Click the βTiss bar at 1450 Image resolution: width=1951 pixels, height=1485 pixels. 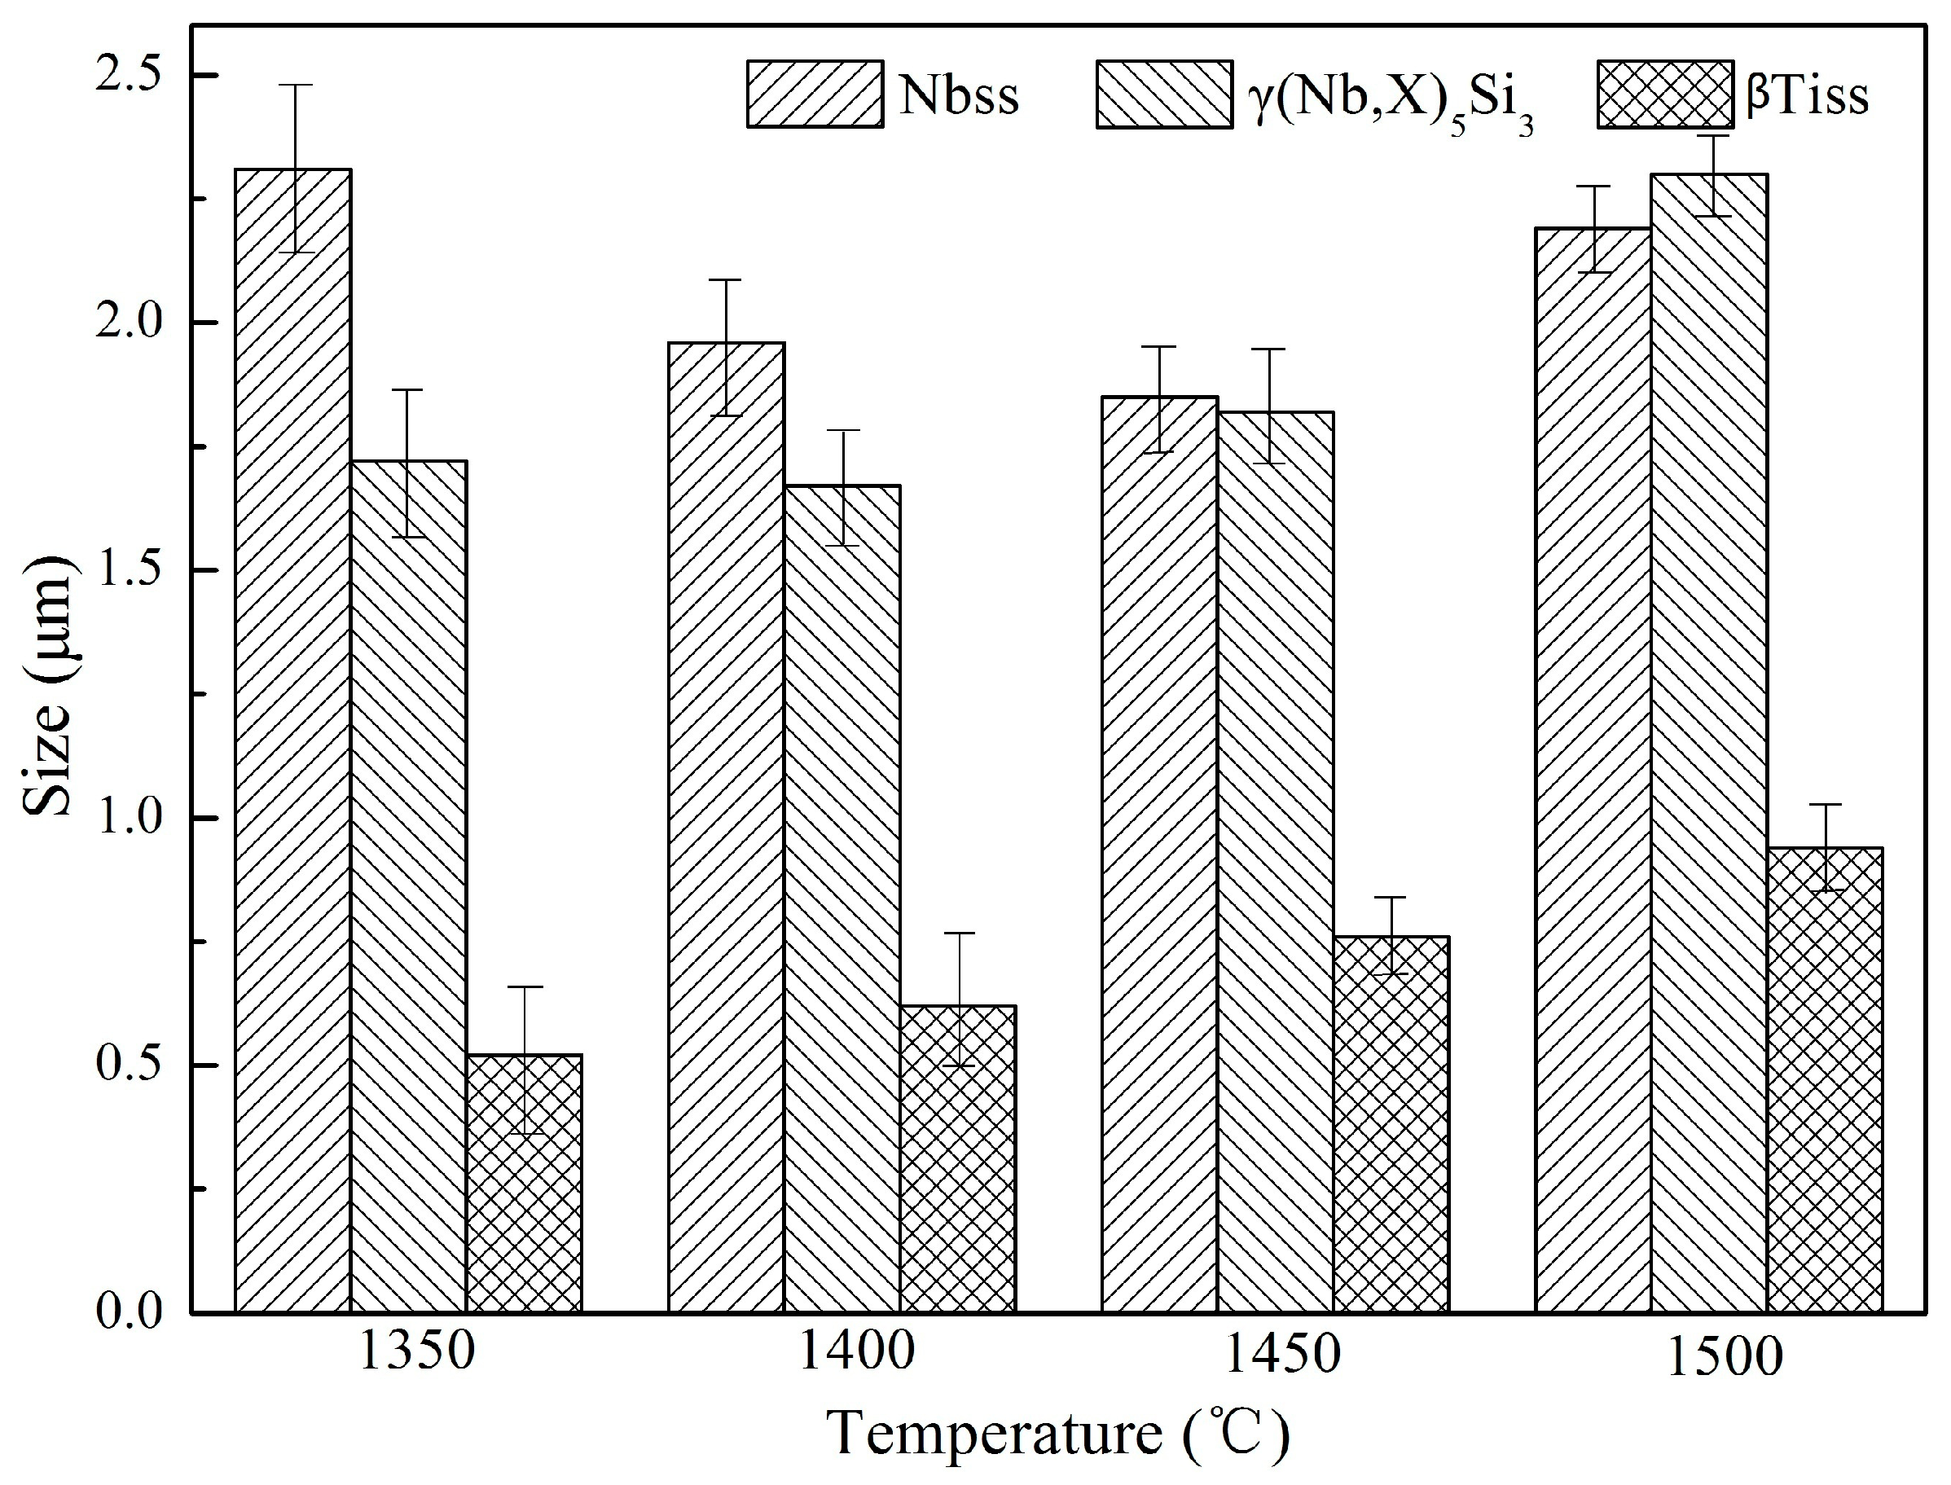[1391, 1123]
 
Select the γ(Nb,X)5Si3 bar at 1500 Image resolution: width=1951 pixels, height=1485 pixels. [1709, 744]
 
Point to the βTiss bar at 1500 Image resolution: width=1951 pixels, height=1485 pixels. [1825, 1079]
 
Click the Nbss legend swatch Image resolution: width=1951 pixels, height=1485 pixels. [814, 94]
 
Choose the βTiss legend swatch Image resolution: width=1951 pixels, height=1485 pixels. [1665, 94]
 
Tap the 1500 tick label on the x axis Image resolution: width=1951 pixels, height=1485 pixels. [1725, 1359]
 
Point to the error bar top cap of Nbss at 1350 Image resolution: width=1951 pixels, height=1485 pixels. [292, 85]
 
